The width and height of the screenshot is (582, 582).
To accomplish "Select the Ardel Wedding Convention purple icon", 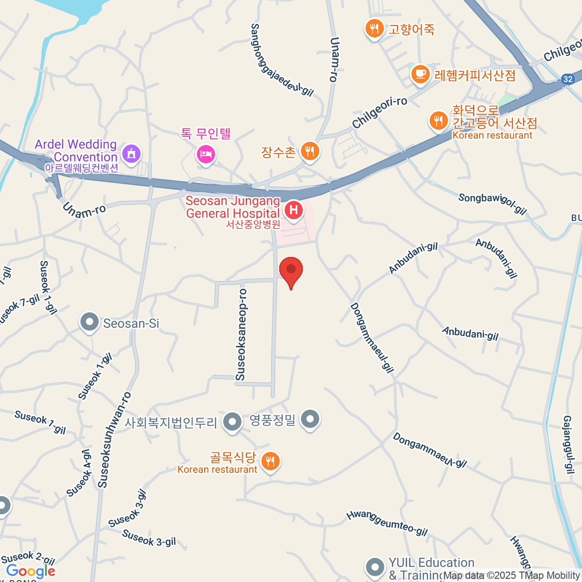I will [x=131, y=154].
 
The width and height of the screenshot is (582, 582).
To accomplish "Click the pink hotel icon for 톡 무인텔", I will [x=206, y=155].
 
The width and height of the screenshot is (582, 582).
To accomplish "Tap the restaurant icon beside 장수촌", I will [x=309, y=152].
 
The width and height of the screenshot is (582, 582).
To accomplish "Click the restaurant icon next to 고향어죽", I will [x=373, y=29].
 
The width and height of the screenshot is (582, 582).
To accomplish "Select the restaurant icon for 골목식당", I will [x=270, y=461].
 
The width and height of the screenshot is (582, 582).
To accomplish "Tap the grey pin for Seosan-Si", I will [x=90, y=322].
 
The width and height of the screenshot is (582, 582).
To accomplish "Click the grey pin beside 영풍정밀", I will [x=310, y=419].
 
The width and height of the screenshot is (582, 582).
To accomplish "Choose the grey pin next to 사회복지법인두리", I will [x=232, y=421].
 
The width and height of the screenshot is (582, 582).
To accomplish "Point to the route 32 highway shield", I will [x=568, y=79].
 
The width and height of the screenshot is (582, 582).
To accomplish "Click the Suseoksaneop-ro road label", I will [x=242, y=335].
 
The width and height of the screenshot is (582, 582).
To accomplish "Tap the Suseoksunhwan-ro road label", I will [x=114, y=439].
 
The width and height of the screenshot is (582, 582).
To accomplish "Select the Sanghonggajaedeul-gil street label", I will [x=282, y=60].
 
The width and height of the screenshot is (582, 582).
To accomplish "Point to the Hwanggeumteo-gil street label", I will [x=387, y=523].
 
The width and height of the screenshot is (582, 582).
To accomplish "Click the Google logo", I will [x=30, y=571].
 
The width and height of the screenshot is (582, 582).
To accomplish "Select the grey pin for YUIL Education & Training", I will [x=375, y=567].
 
